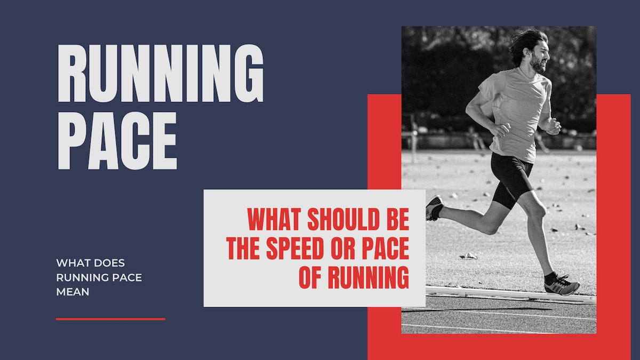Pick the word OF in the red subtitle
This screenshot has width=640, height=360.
pos(310,277)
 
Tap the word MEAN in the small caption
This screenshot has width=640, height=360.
pos(73,292)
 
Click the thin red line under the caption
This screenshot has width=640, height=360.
pos(110,319)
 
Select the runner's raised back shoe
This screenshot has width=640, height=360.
pos(434,207)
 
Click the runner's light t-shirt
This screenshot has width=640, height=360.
pos(515,112)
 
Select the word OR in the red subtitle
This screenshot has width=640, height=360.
pos(352,249)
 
